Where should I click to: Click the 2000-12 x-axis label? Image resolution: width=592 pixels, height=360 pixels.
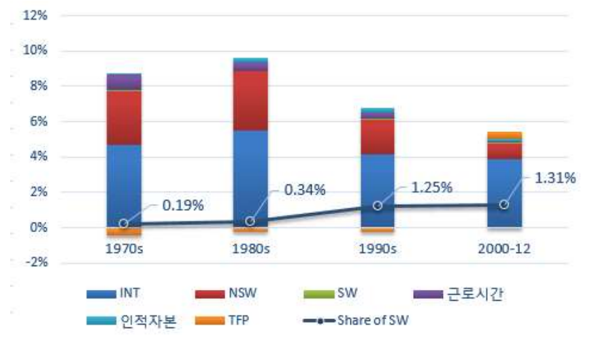click(x=504, y=248)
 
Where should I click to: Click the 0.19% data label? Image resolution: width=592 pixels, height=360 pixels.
click(x=182, y=204)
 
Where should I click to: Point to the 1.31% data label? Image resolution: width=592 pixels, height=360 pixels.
click(x=555, y=178)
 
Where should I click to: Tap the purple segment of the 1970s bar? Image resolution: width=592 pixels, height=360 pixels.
click(x=123, y=82)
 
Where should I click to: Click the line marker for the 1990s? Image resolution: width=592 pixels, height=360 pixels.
click(x=377, y=206)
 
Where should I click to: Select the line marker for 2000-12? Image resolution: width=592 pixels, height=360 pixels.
click(x=504, y=204)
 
